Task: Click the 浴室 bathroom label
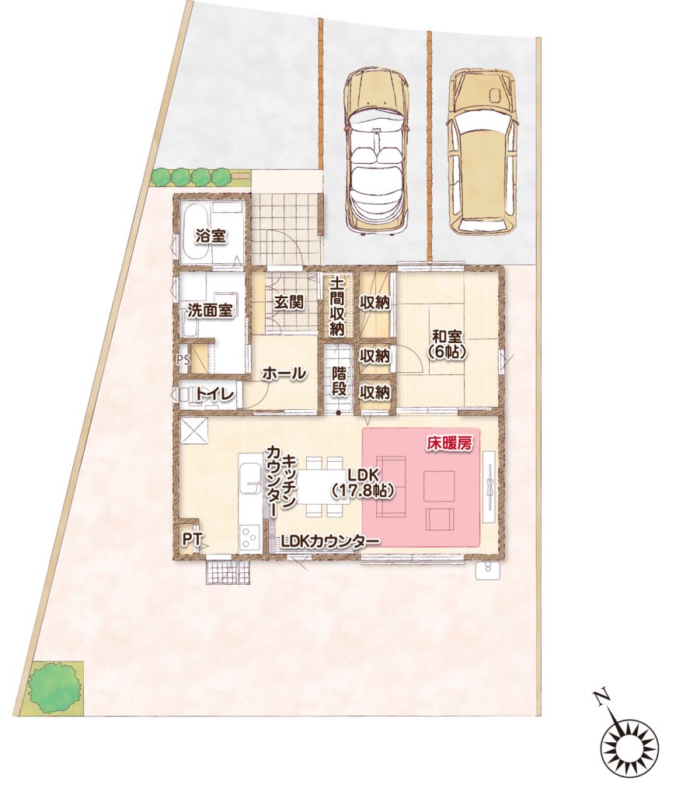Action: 212,237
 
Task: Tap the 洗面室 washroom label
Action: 210,311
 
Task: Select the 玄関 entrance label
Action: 289,303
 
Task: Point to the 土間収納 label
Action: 337,306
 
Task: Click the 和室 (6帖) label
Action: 447,344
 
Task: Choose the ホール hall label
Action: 284,373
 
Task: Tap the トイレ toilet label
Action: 214,394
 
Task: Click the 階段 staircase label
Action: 340,380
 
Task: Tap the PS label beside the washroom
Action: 183,359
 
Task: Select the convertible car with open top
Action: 375,150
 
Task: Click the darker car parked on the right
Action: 482,151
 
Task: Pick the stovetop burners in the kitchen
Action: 250,538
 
